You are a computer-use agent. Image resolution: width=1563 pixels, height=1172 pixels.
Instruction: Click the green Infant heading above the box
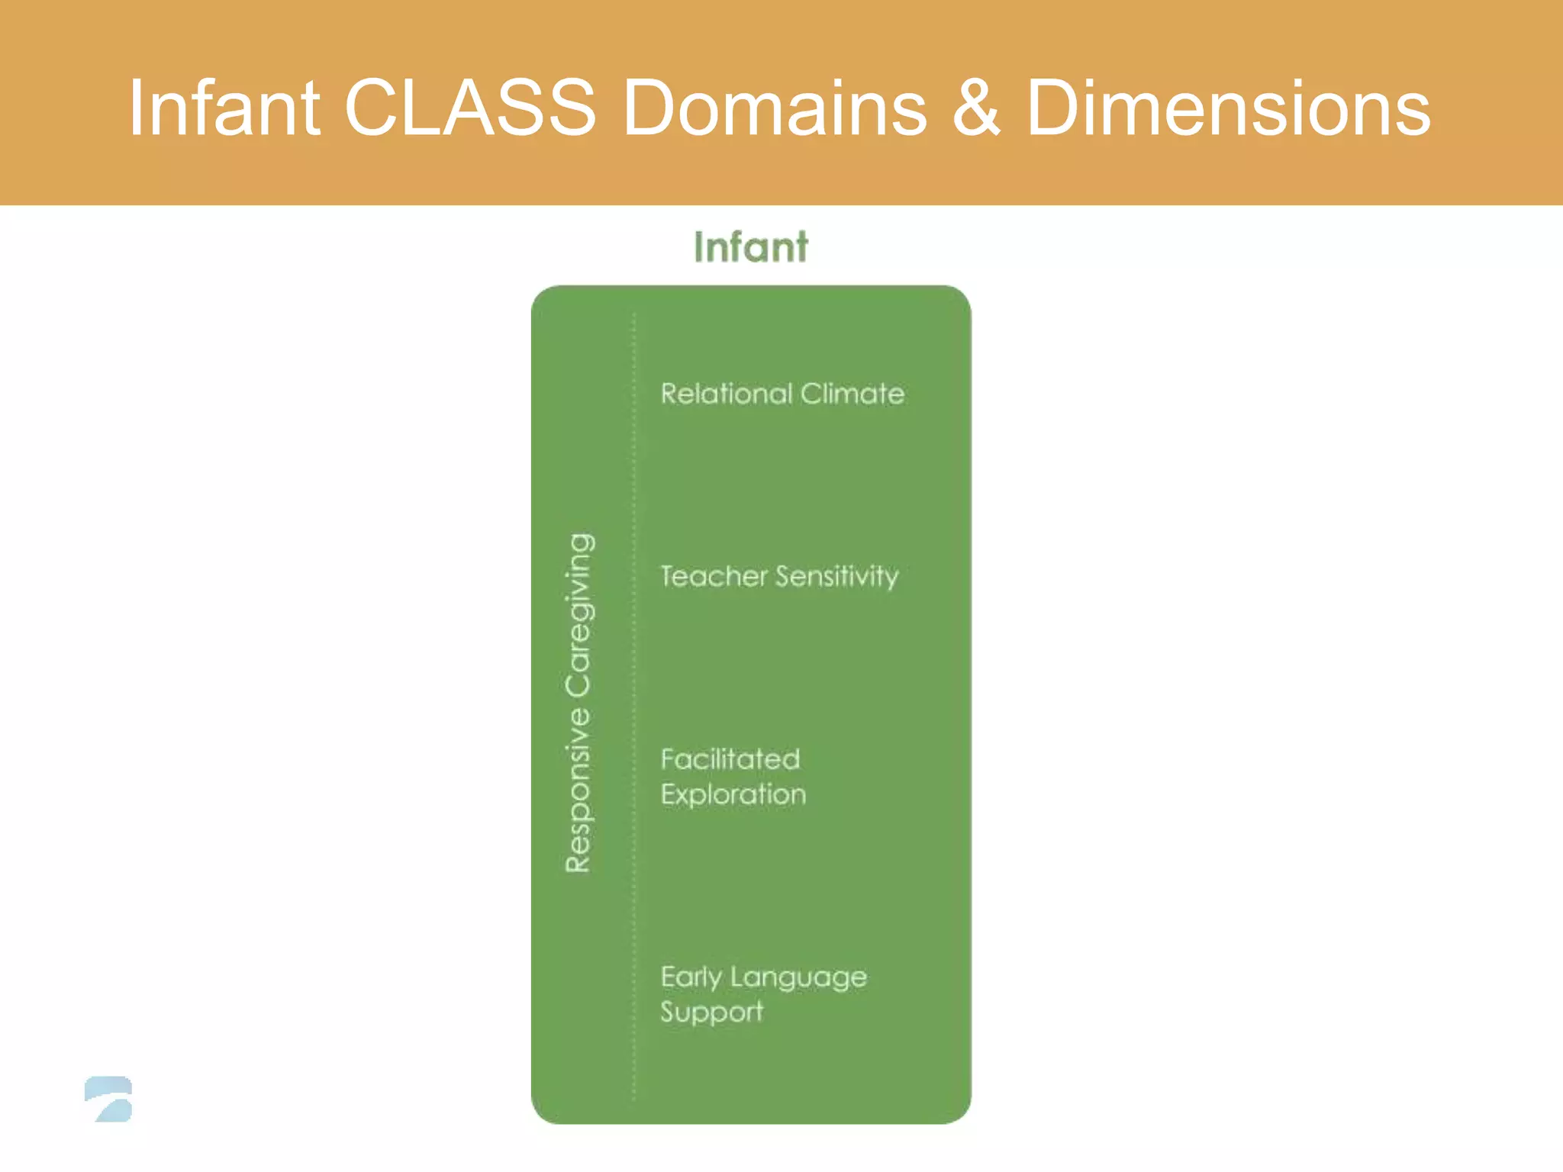tap(751, 247)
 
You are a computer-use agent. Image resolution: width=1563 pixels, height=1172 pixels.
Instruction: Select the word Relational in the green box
tap(726, 394)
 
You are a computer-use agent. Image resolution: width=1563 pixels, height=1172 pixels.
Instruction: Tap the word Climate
tap(852, 394)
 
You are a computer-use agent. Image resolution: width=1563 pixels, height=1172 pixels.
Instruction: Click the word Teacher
tap(714, 576)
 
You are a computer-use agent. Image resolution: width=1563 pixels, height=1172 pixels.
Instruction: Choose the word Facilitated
tap(730, 759)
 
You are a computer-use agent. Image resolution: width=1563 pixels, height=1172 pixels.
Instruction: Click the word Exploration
tap(733, 795)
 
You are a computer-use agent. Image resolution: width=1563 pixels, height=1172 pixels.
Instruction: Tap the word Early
tap(691, 977)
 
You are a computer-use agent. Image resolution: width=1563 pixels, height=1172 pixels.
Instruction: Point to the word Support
tap(711, 1013)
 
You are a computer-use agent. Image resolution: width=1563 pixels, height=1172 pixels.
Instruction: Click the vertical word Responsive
tap(578, 790)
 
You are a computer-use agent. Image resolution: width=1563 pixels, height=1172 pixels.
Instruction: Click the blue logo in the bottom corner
tap(109, 1099)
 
